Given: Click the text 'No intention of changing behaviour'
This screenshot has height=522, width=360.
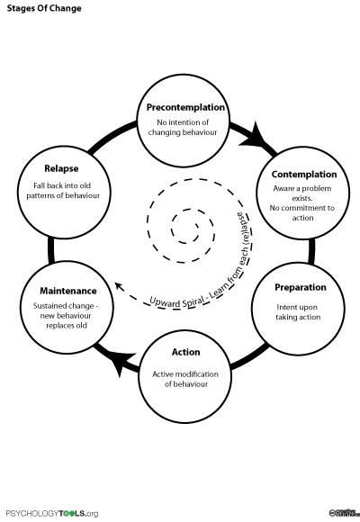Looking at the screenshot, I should (184, 127).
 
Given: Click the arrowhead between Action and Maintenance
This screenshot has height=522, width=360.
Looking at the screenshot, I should (121, 364).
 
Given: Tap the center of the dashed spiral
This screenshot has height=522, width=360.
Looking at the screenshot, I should (190, 235).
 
